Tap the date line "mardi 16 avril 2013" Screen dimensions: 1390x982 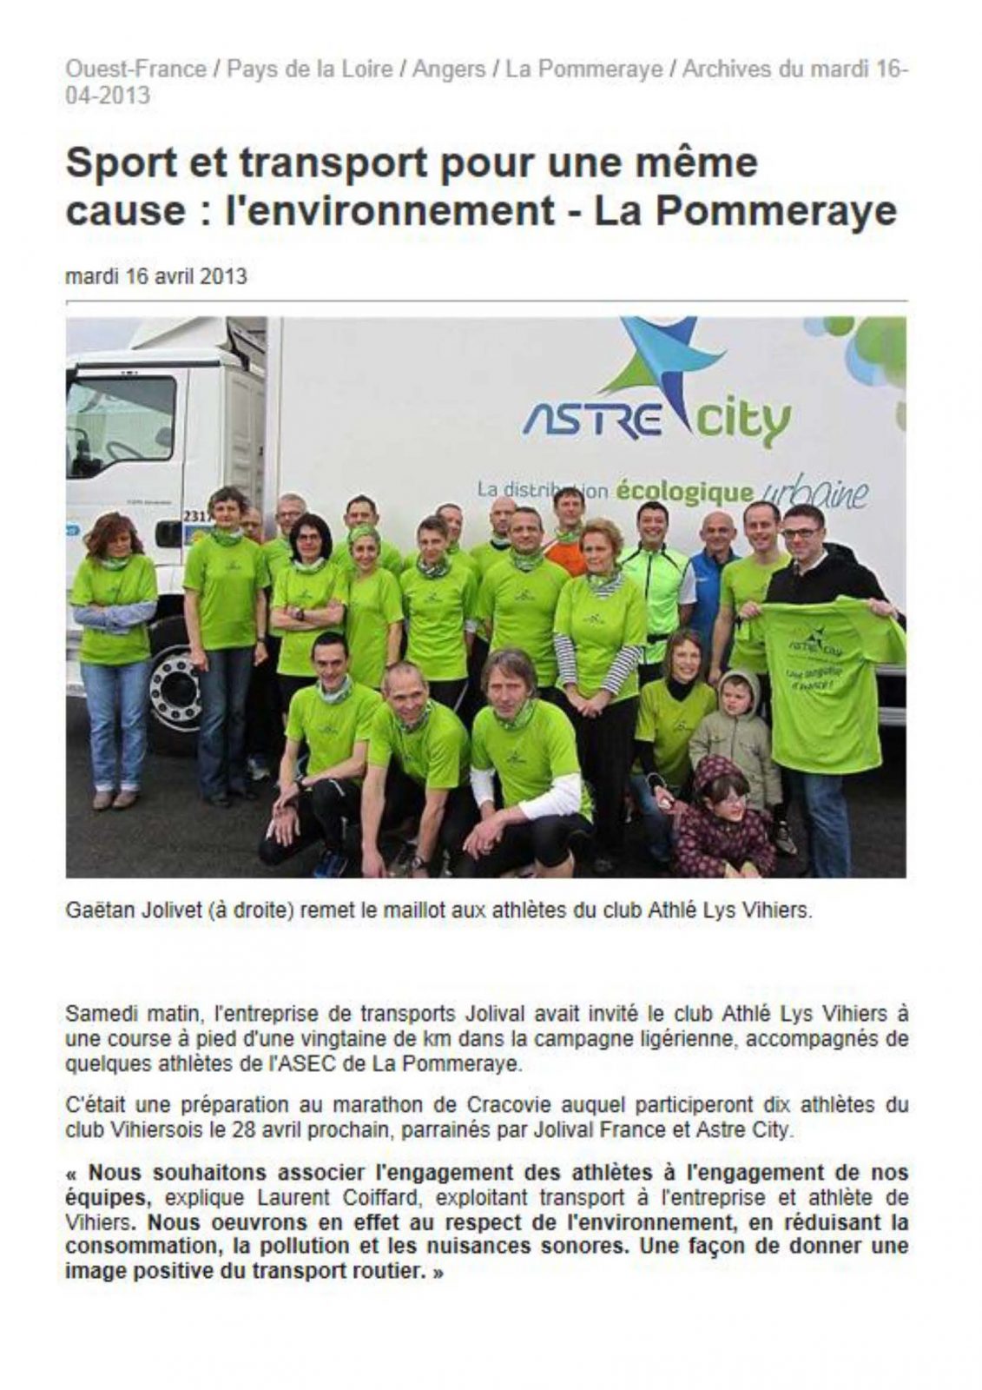156,276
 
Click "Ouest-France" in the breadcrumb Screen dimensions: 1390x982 136,69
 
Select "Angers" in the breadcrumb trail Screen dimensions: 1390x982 448,69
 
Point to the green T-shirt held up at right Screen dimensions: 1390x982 829,678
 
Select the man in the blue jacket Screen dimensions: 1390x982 715,573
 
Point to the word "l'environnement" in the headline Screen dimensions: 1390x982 390,212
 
